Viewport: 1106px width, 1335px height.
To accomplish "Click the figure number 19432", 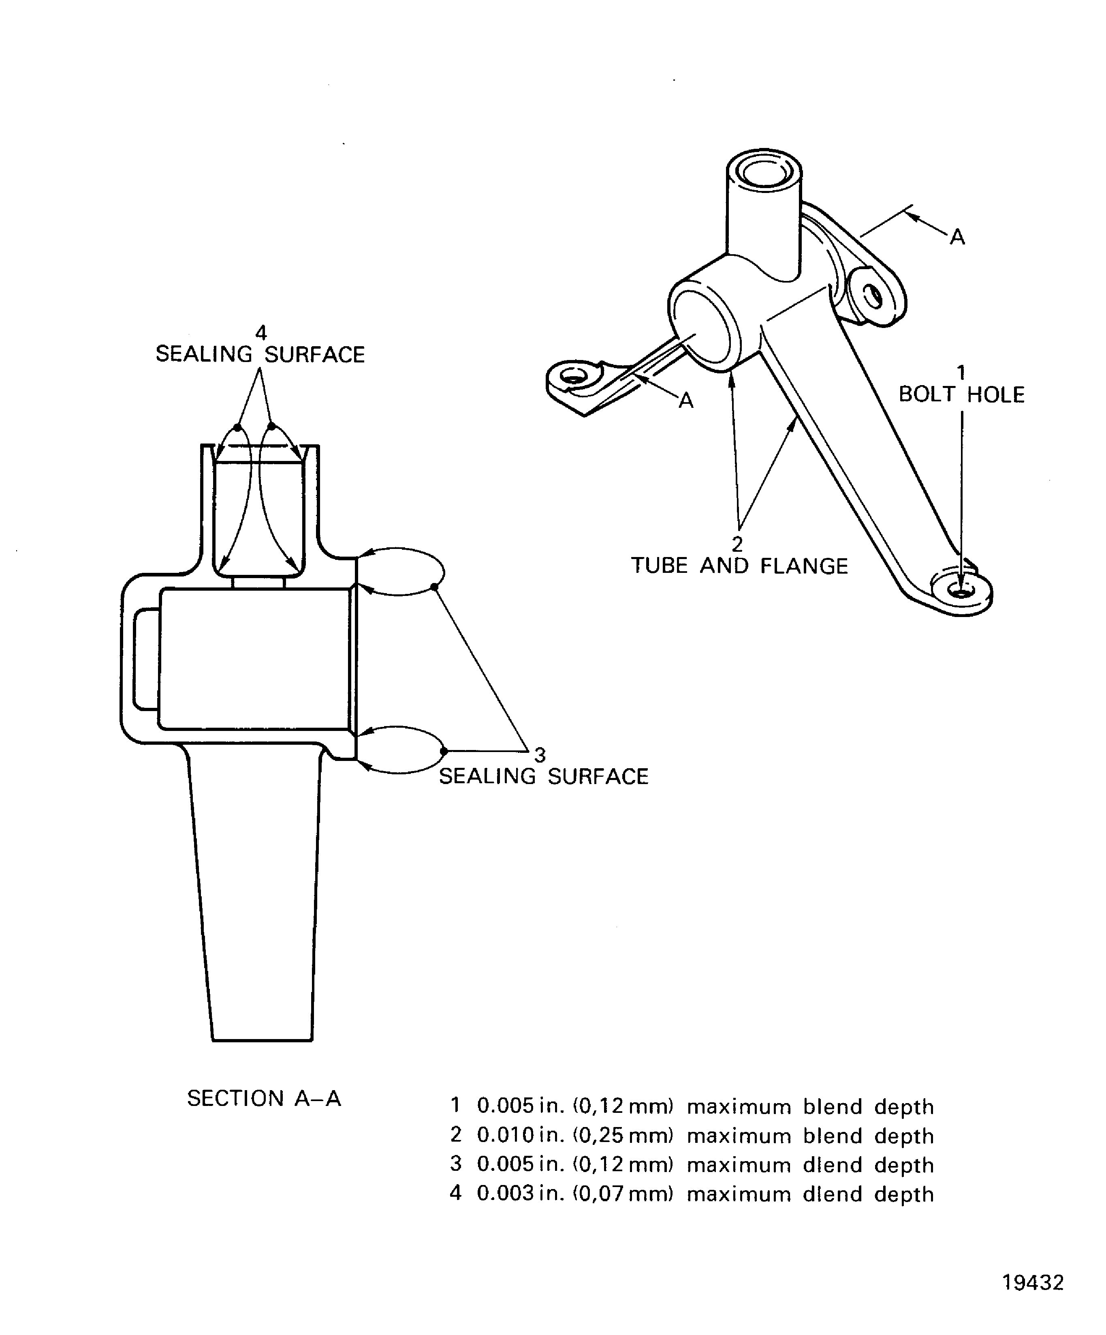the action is click(x=1033, y=1282).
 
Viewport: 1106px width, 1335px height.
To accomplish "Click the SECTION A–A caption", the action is click(x=264, y=1098).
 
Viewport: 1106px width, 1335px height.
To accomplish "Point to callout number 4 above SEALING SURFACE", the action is click(x=260, y=332).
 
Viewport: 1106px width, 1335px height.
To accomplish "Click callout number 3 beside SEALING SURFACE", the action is click(x=539, y=754).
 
